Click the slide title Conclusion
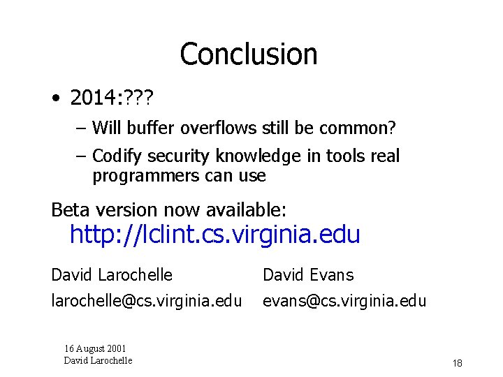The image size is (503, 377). point(248,54)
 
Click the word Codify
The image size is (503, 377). point(116,156)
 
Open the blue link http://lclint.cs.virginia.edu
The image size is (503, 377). point(214,235)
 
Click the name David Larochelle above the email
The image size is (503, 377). point(112,275)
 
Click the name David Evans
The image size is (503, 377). point(308,275)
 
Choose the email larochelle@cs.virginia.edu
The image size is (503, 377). point(146,301)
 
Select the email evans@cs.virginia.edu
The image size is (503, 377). point(344,301)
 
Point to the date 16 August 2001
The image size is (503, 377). point(96,348)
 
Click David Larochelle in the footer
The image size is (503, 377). point(98,360)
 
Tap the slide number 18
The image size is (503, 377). point(458,363)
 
